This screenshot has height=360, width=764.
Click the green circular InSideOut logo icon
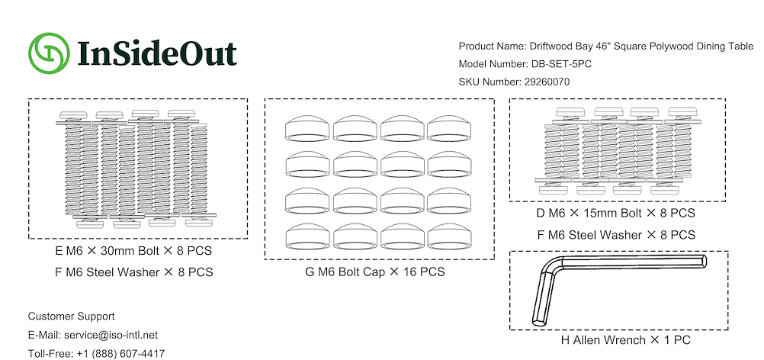[50, 53]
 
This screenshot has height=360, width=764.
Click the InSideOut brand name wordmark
[157, 53]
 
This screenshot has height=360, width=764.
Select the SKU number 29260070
[547, 82]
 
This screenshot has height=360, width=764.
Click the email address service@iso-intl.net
[111, 335]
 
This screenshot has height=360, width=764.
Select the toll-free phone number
[120, 354]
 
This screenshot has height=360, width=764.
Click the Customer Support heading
[71, 317]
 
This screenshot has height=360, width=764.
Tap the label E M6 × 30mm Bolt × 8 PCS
[133, 252]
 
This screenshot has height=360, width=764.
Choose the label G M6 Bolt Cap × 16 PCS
[374, 272]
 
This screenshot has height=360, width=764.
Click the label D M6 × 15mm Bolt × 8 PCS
[616, 213]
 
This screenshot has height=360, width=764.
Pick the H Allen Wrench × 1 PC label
[626, 340]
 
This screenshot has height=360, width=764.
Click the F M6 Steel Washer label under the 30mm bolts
[134, 272]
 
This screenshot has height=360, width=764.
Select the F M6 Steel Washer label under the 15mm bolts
[616, 234]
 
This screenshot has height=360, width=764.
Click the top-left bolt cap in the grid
[307, 128]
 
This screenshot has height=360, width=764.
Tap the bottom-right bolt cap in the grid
[450, 236]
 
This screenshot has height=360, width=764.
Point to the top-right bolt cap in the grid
[450, 128]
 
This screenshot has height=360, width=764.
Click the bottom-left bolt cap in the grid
[307, 236]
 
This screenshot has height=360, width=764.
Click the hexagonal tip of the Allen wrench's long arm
[704, 261]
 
